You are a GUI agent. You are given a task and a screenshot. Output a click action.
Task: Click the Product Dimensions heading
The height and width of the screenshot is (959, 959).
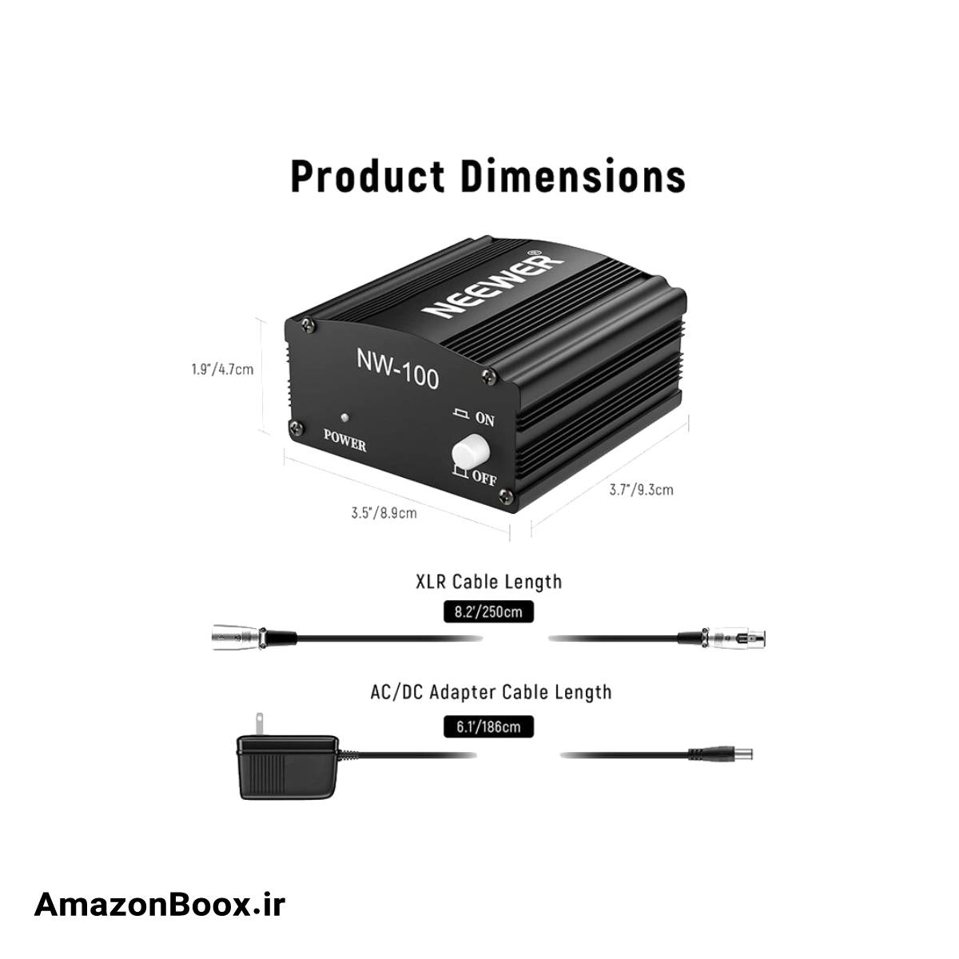point(487,176)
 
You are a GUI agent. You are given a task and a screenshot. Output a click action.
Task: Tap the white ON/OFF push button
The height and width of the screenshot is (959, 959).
point(470,451)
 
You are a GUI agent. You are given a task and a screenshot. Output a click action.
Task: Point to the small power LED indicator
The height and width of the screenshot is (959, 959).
point(344,416)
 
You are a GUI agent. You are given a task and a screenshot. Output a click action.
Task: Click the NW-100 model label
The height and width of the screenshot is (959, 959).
point(398,368)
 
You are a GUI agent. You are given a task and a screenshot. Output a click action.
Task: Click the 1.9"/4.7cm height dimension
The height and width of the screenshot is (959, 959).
point(222,369)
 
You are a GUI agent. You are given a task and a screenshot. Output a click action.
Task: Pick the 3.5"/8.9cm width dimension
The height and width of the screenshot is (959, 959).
point(384,512)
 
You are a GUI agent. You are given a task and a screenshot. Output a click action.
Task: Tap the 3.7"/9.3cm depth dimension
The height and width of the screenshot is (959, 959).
point(641,490)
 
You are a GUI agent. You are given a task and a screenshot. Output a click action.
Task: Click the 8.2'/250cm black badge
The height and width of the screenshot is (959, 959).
point(488,611)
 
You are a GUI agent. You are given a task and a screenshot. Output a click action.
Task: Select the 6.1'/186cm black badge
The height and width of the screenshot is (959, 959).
point(488,726)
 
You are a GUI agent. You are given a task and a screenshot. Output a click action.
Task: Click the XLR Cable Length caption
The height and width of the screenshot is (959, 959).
point(489,582)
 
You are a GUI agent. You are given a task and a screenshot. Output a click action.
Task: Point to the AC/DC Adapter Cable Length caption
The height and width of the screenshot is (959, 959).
point(491,692)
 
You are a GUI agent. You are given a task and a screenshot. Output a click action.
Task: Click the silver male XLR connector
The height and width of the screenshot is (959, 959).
point(237,636)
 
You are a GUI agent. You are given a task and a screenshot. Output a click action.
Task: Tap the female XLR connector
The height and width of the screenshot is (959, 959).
point(734,637)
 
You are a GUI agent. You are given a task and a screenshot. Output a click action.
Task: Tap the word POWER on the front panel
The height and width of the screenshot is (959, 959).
point(345,440)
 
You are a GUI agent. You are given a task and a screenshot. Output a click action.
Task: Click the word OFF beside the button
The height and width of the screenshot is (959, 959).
point(484,478)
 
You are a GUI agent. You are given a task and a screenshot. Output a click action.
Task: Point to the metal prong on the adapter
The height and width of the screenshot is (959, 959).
point(259,725)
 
